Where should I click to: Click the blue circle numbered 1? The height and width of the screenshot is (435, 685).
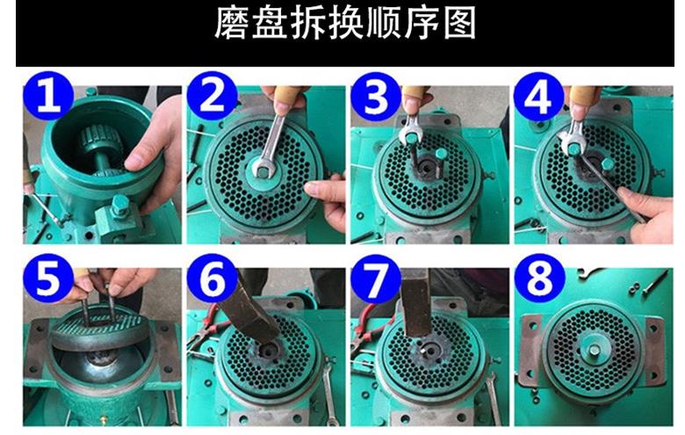point(48,96)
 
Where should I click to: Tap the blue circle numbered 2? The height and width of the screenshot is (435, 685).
point(212,96)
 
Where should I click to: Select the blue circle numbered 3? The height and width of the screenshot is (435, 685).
point(376,97)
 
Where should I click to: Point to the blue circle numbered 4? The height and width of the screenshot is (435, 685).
point(538,97)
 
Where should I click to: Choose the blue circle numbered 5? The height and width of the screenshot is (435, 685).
point(48,279)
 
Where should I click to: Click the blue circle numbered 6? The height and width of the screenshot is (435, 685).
point(212,279)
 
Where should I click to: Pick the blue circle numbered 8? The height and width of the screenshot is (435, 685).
point(539,279)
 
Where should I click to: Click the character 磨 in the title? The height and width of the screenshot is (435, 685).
point(231,23)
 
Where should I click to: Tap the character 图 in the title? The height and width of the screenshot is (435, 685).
point(459,23)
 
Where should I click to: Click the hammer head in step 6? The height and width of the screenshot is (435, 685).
point(251,311)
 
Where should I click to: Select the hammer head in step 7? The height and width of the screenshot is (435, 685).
point(416,302)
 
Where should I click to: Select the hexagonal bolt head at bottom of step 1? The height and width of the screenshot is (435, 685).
point(119,205)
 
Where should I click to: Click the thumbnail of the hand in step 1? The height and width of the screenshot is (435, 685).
point(133,163)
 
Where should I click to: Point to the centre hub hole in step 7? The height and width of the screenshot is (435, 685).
point(432,351)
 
